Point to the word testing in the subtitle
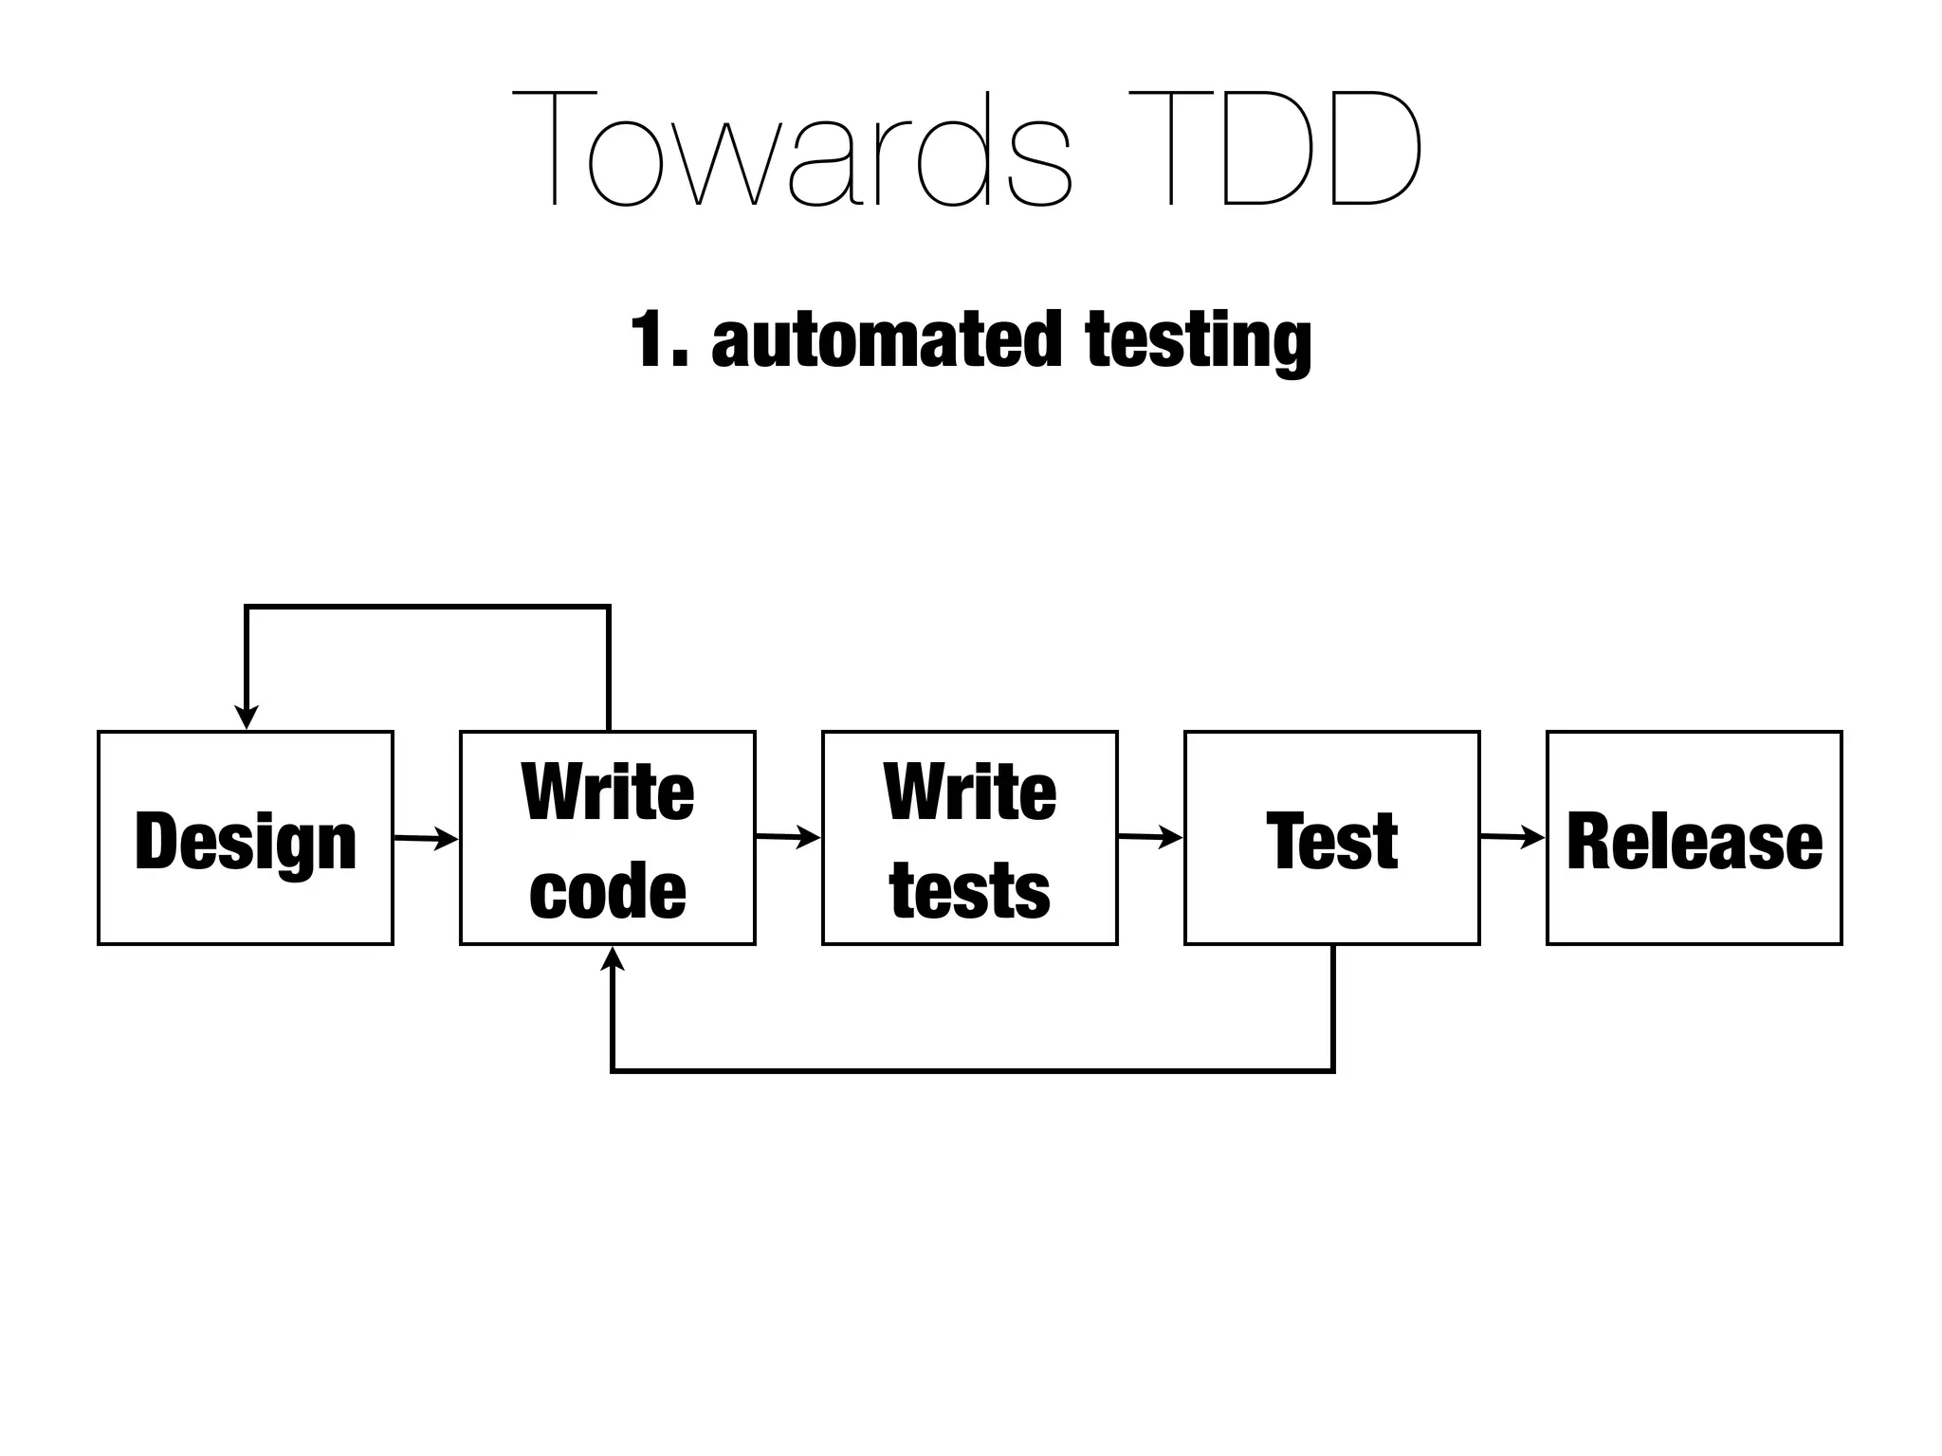coord(1200,341)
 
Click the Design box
coord(245,838)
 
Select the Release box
coord(1694,838)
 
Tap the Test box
coord(1331,838)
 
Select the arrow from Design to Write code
coord(425,838)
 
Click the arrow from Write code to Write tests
coord(787,837)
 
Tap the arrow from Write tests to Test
coord(1149,837)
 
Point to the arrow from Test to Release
coord(1511,837)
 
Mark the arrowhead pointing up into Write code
coord(613,959)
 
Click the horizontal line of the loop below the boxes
coord(972,1070)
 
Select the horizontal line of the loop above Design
coord(427,607)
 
